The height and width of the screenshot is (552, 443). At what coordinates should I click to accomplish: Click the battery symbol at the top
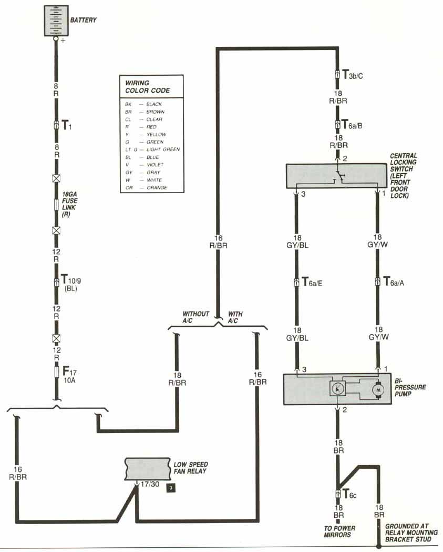point(56,21)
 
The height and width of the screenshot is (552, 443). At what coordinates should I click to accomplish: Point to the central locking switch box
point(336,176)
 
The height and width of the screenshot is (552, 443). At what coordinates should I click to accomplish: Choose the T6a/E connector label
point(312,282)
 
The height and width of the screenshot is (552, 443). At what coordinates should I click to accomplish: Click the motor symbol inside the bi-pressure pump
point(377,390)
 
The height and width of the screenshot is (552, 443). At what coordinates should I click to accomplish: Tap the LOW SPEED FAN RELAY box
point(147,468)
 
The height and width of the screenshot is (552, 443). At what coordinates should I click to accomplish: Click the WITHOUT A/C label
point(195,317)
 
